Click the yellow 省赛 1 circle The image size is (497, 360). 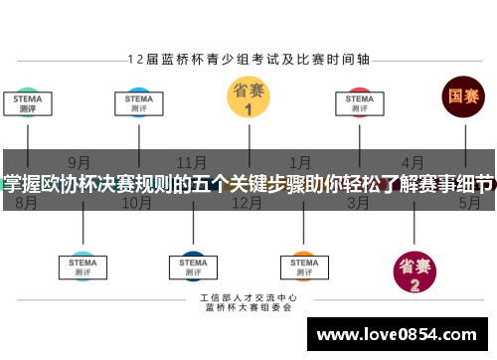pyautogui.click(x=248, y=96)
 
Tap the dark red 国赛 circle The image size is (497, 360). pyautogui.click(x=462, y=96)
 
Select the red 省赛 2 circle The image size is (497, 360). pyautogui.click(x=414, y=271)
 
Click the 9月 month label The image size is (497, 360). pyautogui.click(x=80, y=162)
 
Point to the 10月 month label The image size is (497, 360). pyautogui.click(x=136, y=203)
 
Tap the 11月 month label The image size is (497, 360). pyautogui.click(x=192, y=162)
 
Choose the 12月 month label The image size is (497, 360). pyautogui.click(x=247, y=203)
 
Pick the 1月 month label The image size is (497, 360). pyautogui.click(x=299, y=162)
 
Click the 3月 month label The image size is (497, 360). pyautogui.click(x=359, y=203)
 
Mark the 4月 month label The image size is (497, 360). pyautogui.click(x=413, y=162)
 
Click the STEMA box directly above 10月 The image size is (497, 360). pyautogui.click(x=138, y=103)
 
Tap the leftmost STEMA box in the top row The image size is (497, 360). pyautogui.click(x=27, y=103)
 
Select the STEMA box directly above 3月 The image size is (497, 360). pyautogui.click(x=359, y=103)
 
